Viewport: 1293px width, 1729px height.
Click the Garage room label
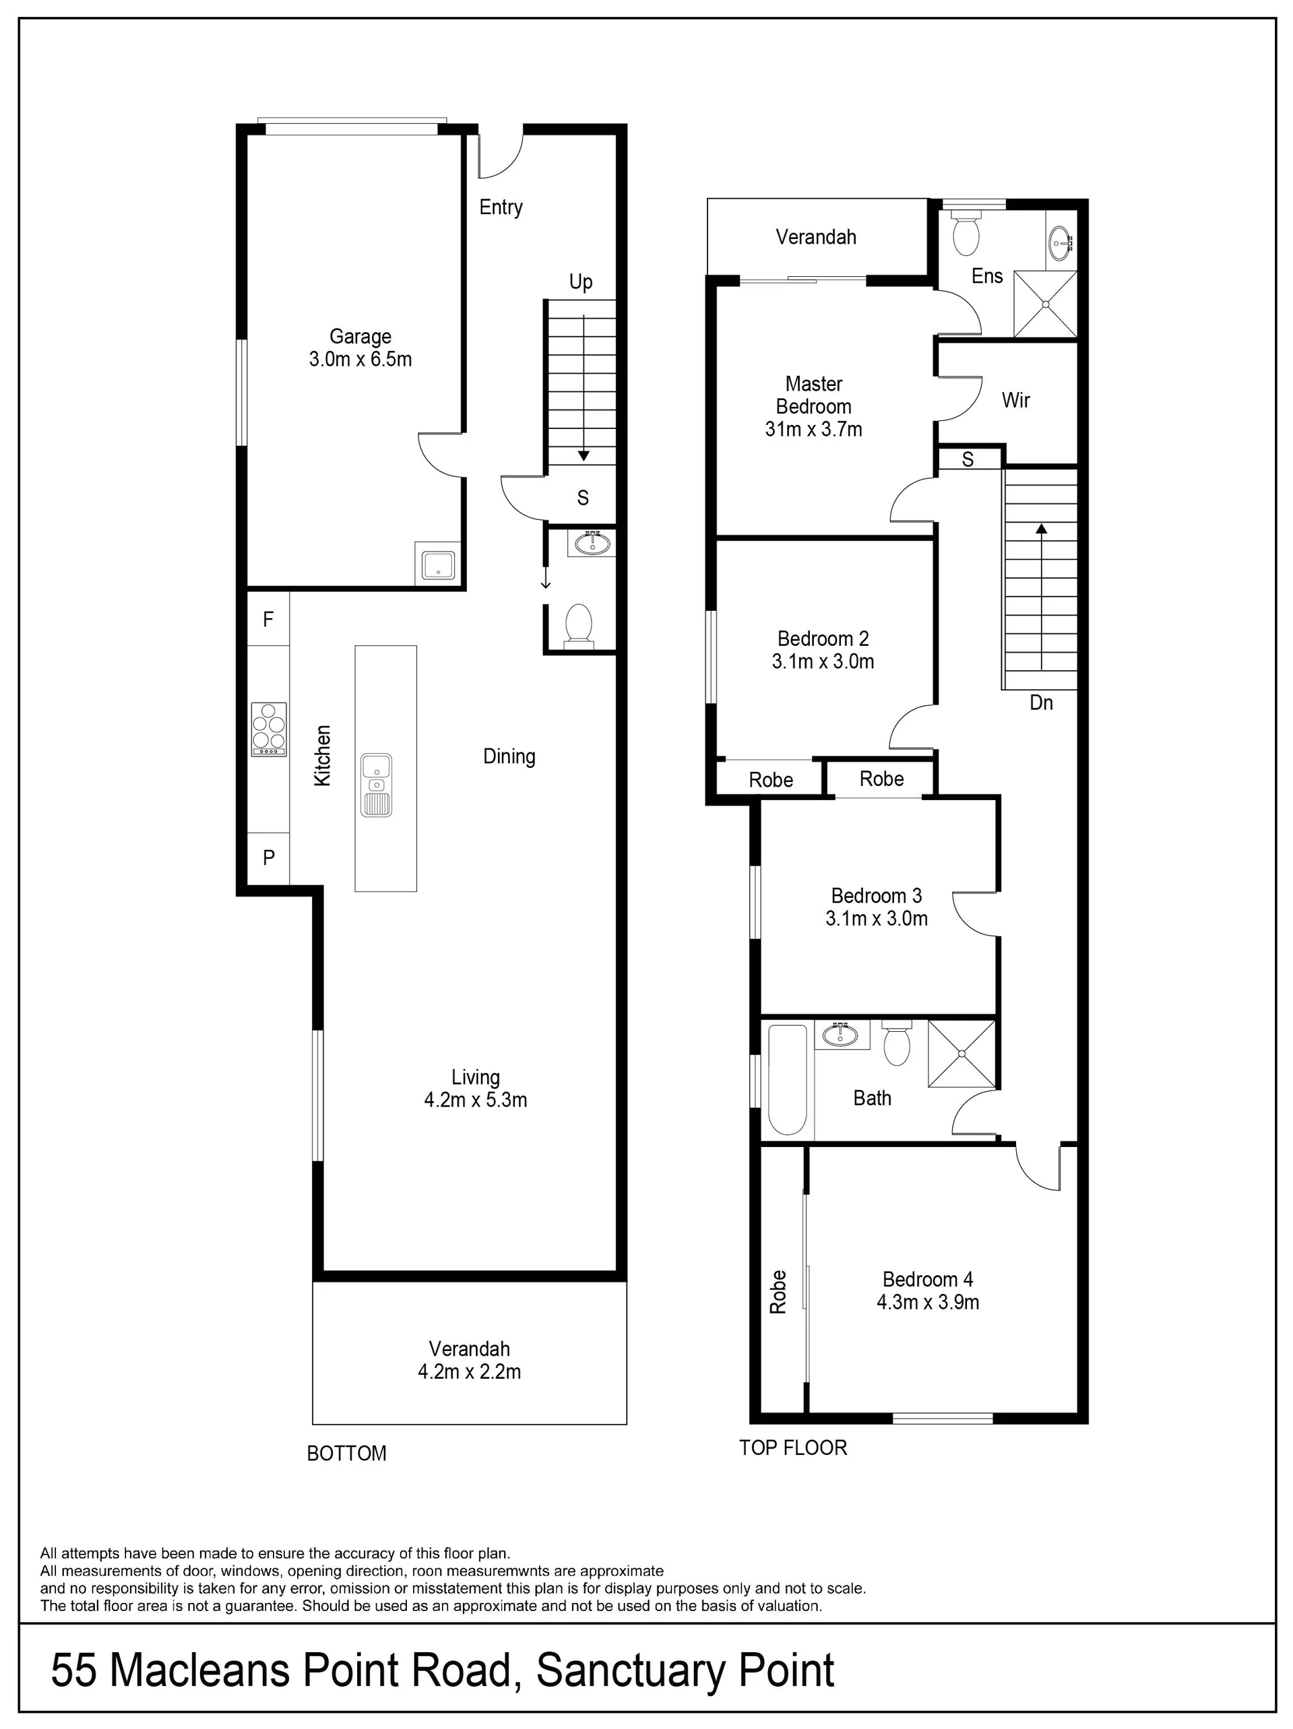pyautogui.click(x=360, y=337)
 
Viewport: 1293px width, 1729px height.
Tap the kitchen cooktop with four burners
pyautogui.click(x=269, y=729)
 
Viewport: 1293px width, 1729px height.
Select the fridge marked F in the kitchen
pyautogui.click(x=268, y=620)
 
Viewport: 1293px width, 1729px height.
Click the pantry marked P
pyautogui.click(x=268, y=858)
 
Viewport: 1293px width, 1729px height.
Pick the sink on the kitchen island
pyautogui.click(x=377, y=785)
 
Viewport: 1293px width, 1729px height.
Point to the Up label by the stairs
pyautogui.click(x=581, y=282)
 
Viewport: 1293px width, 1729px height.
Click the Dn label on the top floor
pyautogui.click(x=1041, y=703)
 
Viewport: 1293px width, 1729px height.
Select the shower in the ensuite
pyautogui.click(x=1045, y=304)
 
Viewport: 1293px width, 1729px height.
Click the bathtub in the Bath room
pyautogui.click(x=787, y=1080)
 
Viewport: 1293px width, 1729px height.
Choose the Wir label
pyautogui.click(x=1016, y=401)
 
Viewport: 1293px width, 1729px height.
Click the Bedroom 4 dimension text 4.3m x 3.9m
pyautogui.click(x=928, y=1302)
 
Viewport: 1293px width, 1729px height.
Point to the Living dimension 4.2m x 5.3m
pyautogui.click(x=475, y=1100)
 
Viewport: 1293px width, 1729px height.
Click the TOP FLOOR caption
pyautogui.click(x=794, y=1447)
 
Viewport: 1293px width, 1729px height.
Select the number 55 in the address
pyautogui.click(x=75, y=1670)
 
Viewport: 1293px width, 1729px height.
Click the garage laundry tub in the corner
pyautogui.click(x=439, y=564)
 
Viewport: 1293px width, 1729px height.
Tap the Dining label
pyautogui.click(x=509, y=756)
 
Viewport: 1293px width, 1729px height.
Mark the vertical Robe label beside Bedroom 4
pyautogui.click(x=778, y=1292)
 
